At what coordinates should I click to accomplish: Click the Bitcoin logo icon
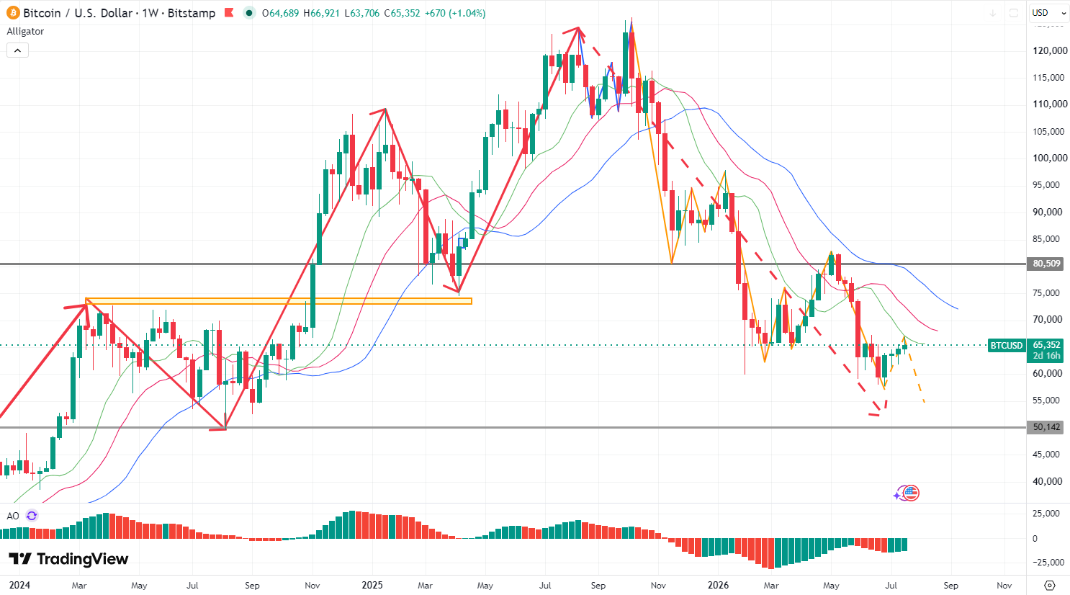13,13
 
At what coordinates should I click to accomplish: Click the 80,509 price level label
1046,264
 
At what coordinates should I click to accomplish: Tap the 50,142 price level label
1046,427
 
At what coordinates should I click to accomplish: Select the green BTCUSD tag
1007,345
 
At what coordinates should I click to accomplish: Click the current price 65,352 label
1046,344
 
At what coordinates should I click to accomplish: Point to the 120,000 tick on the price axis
1049,50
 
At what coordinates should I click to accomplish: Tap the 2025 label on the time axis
372,586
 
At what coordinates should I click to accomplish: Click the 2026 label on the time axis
719,586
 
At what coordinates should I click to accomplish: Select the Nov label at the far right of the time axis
1004,586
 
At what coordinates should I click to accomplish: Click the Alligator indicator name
25,32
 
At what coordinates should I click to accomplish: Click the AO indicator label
13,516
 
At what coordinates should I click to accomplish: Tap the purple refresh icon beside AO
32,516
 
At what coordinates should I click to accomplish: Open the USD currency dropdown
1049,13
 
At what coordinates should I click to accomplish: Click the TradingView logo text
83,559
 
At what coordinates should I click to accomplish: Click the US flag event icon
911,493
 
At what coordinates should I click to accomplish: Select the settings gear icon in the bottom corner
1049,586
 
